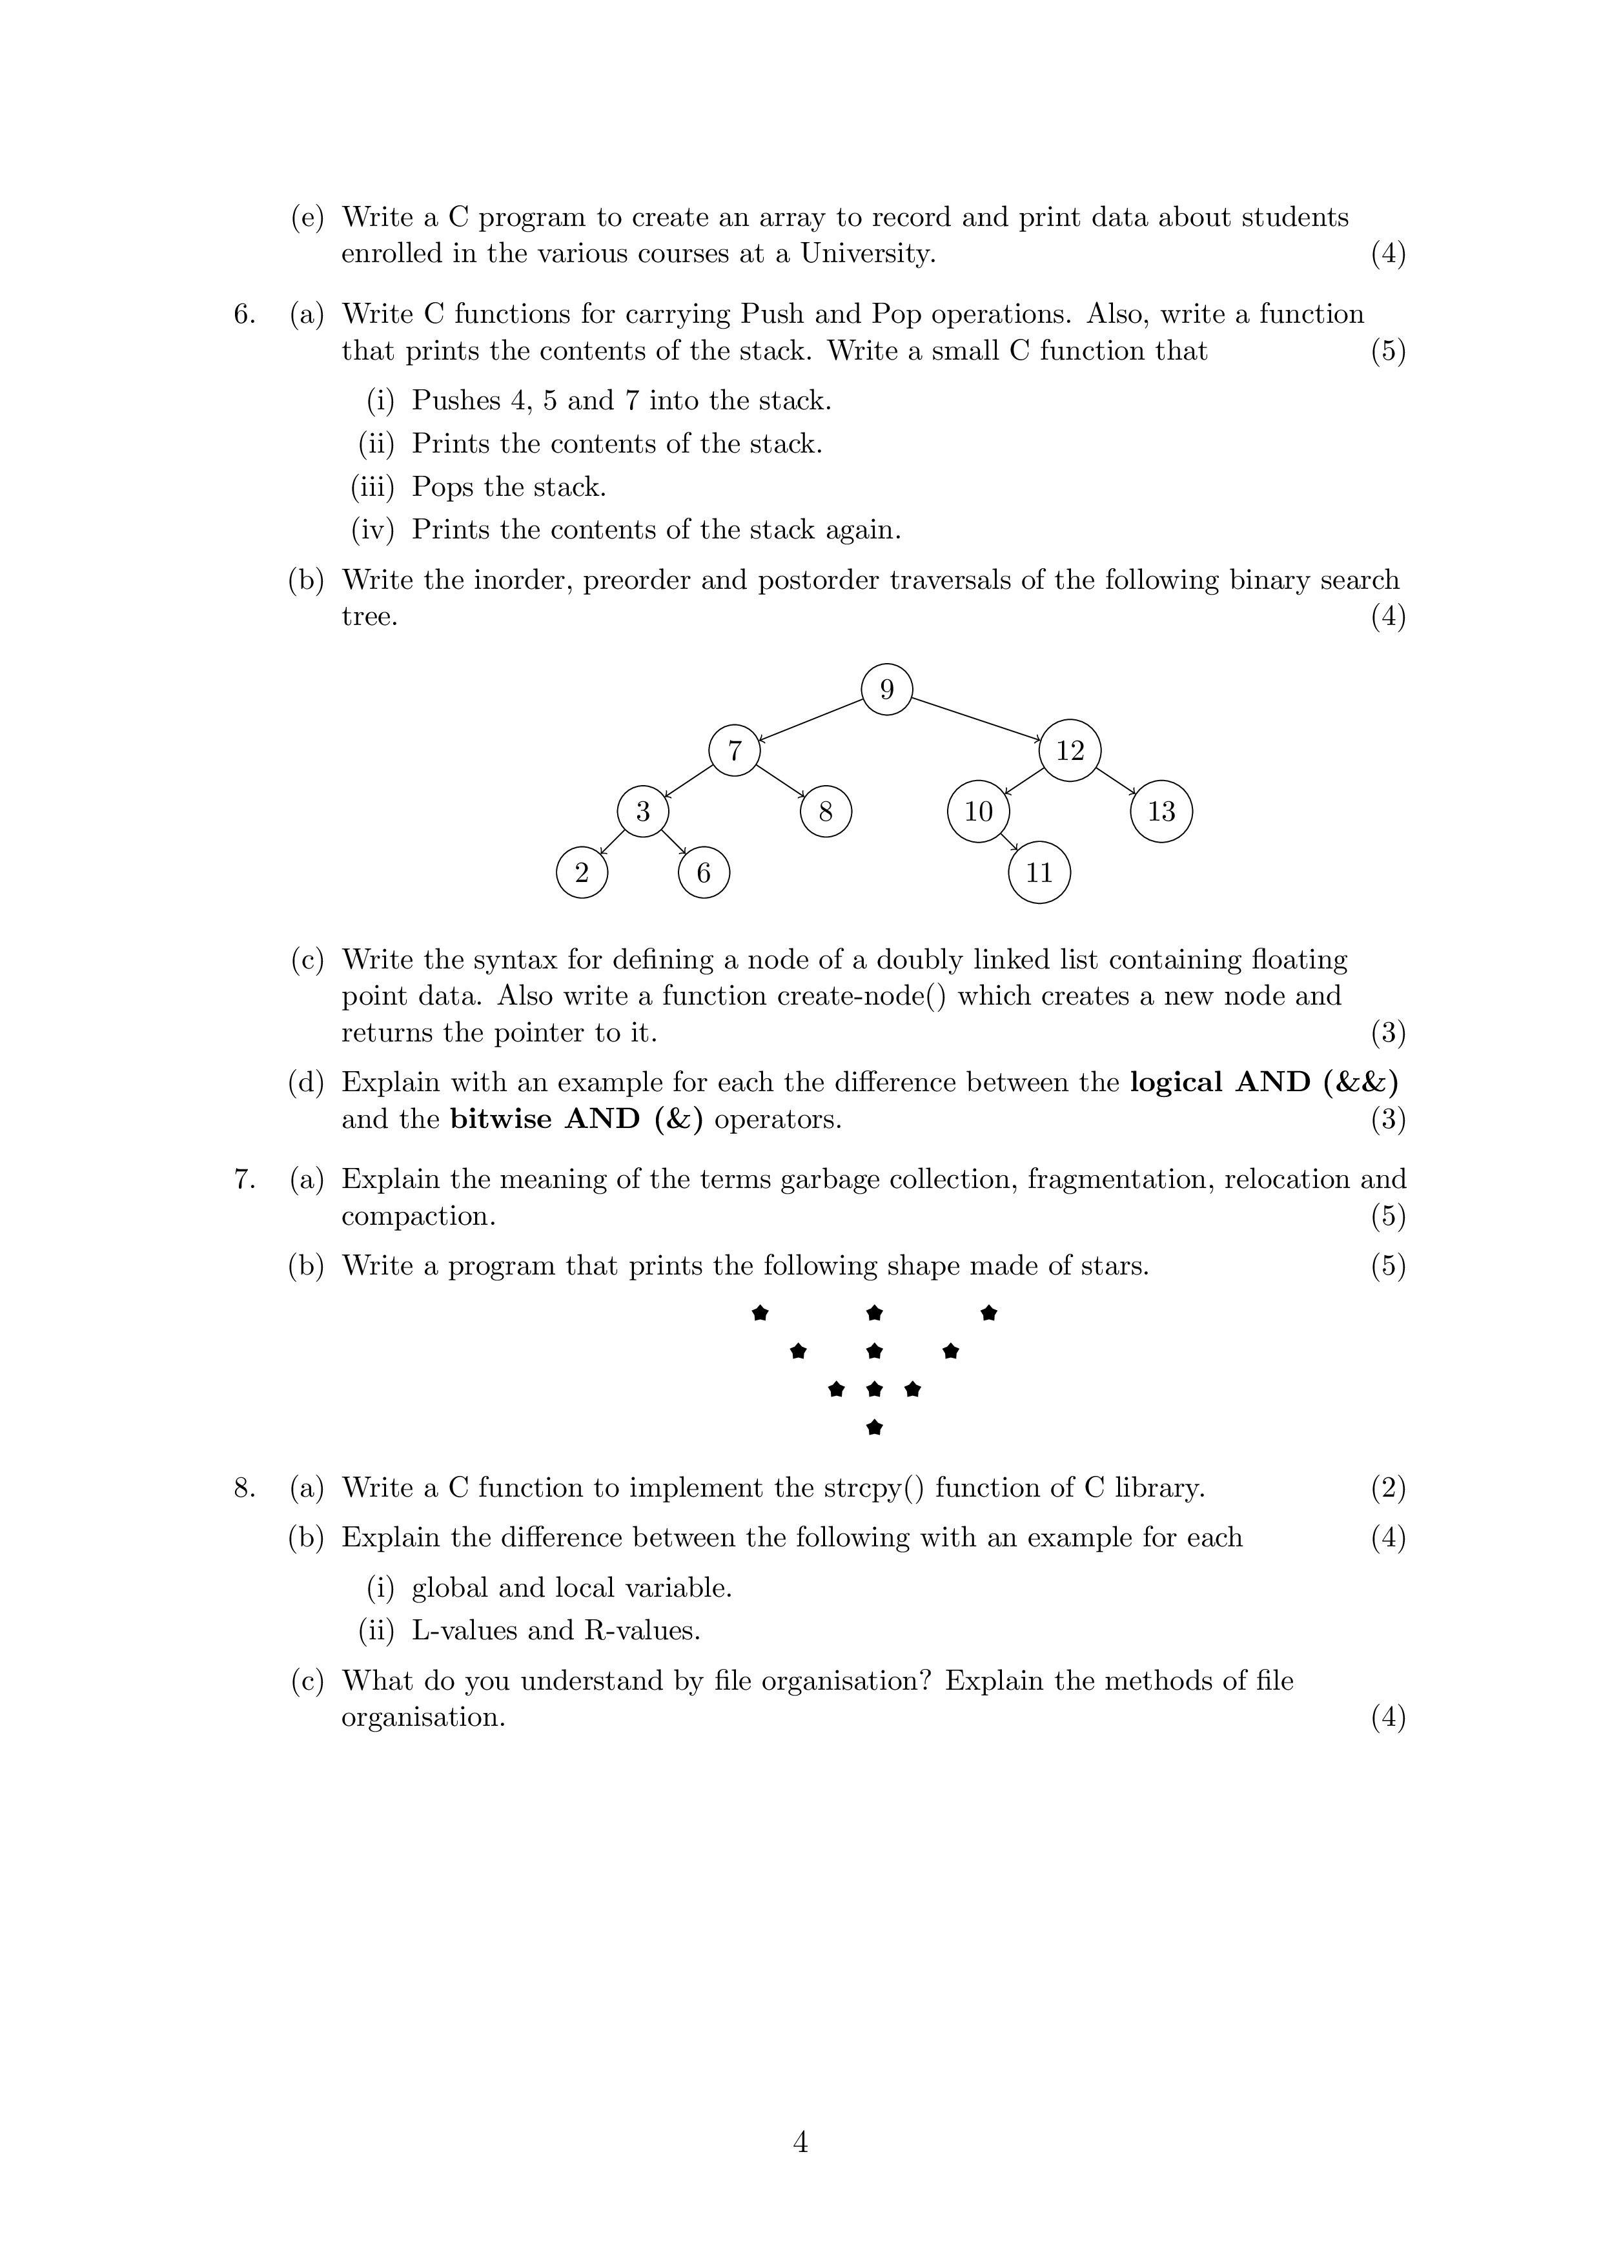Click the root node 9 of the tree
click(x=886, y=690)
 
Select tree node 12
click(x=1069, y=751)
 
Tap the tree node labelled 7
click(x=734, y=751)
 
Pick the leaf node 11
click(x=1039, y=872)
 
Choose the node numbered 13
click(x=1161, y=811)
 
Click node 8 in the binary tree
click(x=826, y=811)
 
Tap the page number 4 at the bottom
click(x=800, y=2142)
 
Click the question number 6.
click(x=243, y=314)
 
